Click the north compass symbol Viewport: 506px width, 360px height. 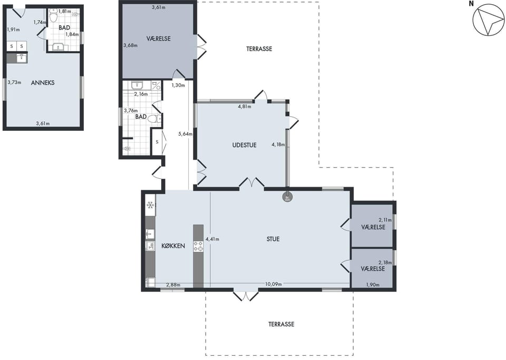(x=488, y=20)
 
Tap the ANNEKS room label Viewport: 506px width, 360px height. (x=43, y=83)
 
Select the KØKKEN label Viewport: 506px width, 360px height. (x=173, y=246)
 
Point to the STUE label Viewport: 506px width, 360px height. (x=273, y=239)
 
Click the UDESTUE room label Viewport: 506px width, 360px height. (x=244, y=145)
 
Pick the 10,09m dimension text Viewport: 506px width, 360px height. (x=274, y=284)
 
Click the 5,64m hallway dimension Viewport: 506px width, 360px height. (x=185, y=134)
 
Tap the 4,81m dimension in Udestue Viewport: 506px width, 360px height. (x=245, y=106)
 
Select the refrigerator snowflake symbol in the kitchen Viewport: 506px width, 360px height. (x=150, y=205)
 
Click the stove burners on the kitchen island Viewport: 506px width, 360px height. (x=199, y=247)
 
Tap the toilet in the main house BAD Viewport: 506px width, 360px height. (x=154, y=119)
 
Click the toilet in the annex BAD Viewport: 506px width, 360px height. (x=54, y=15)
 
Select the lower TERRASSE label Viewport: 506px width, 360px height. (x=281, y=324)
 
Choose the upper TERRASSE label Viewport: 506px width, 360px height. (x=259, y=49)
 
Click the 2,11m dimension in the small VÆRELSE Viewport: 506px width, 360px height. (x=385, y=220)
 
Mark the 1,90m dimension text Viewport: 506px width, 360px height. (x=373, y=285)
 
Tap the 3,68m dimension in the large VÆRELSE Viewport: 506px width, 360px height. (x=130, y=45)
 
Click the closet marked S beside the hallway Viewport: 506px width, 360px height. (x=157, y=142)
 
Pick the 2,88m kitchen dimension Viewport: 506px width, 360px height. (x=173, y=285)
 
